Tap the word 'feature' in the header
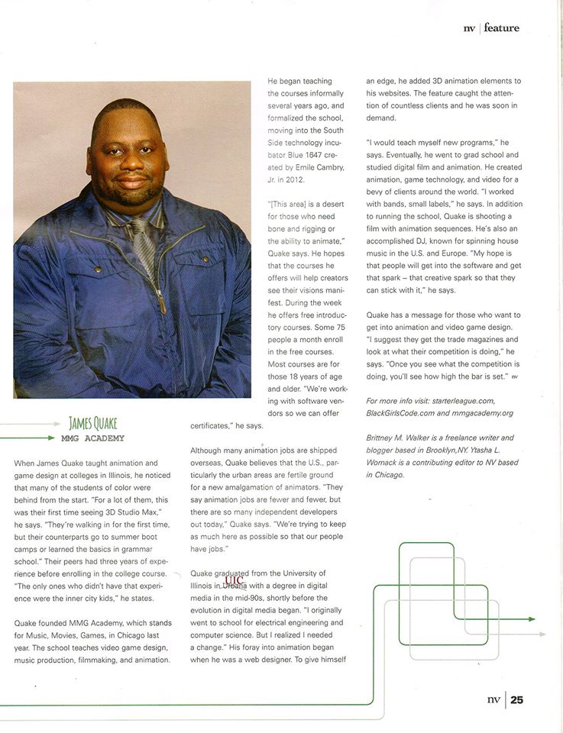[501, 28]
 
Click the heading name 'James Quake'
[92, 424]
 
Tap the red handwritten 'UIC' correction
[234, 580]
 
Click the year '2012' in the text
[293, 179]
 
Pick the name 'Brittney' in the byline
[384, 438]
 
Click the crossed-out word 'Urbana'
[235, 586]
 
